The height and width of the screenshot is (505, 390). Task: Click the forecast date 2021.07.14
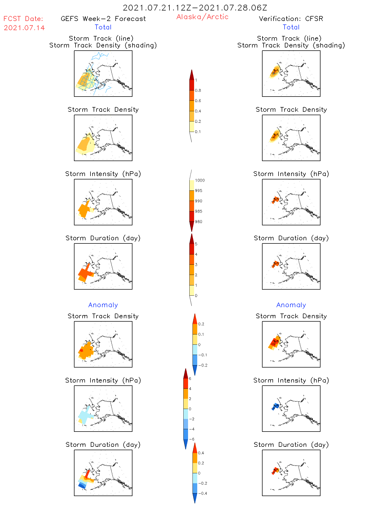coord(24,28)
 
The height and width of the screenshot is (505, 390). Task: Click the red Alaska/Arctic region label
coord(202,17)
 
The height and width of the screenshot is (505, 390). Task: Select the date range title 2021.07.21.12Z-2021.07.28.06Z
coord(195,8)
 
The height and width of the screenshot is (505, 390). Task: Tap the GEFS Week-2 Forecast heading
coord(103,19)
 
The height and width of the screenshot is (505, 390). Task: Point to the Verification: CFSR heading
coord(291,19)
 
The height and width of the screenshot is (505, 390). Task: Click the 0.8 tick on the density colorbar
coord(198,91)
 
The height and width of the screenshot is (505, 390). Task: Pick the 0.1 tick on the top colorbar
coord(198,132)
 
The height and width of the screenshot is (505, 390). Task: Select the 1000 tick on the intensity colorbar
coord(200,180)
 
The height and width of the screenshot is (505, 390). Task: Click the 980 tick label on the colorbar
coord(199,222)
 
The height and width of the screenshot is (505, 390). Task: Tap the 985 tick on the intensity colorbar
coord(199,211)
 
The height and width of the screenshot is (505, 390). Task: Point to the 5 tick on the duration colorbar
coord(196,244)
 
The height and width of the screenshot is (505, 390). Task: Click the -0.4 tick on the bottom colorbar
coord(202,493)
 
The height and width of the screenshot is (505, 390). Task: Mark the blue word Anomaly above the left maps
coord(103,305)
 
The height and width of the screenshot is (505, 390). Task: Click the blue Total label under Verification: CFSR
coord(291,27)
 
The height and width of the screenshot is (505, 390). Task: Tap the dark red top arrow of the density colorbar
coord(192,75)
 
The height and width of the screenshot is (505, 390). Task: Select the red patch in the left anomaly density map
coord(81,350)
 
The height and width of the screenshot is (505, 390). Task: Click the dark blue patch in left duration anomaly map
coord(82,486)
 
